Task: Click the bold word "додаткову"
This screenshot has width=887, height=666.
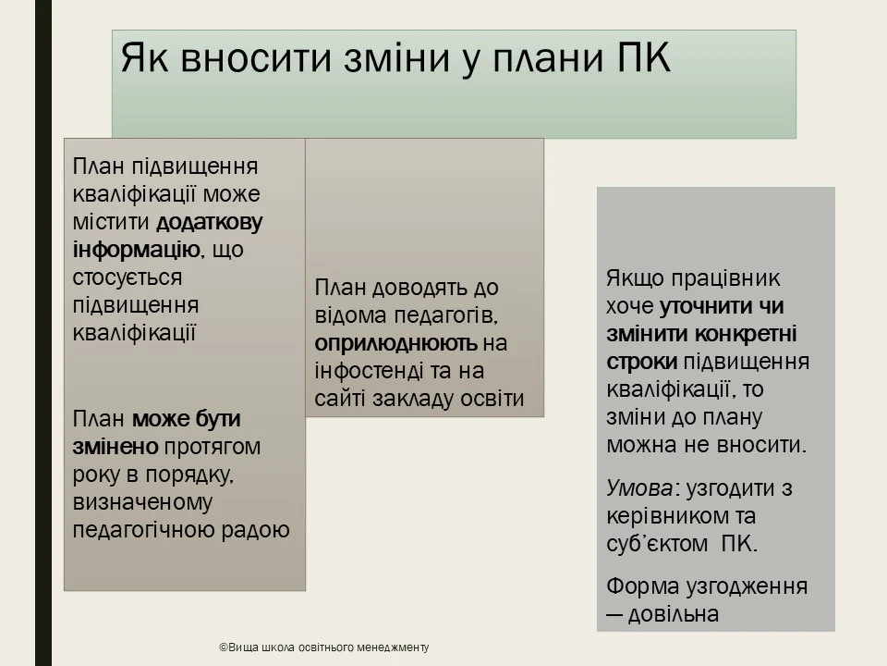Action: tap(210, 222)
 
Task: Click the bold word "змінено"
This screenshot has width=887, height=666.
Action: tap(115, 447)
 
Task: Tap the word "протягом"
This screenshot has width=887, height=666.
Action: tap(213, 447)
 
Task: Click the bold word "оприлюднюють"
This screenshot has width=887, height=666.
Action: tap(395, 343)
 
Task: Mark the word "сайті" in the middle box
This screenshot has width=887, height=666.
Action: tap(339, 399)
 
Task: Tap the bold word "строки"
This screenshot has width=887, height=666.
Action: tap(641, 362)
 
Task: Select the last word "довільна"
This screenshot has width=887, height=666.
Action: tap(674, 614)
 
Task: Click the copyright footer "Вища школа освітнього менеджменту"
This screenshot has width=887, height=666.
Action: tap(324, 647)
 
